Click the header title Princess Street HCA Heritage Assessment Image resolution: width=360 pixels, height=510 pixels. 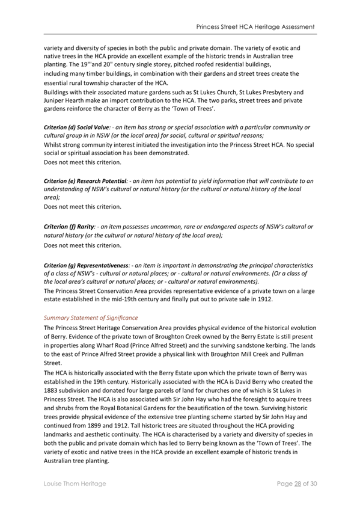tap(255, 28)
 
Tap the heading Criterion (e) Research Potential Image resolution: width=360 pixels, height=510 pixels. tap(86, 180)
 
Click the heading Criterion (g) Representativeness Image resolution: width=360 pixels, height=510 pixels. tap(87, 265)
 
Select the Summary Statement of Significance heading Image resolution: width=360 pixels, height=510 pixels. tap(91, 317)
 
